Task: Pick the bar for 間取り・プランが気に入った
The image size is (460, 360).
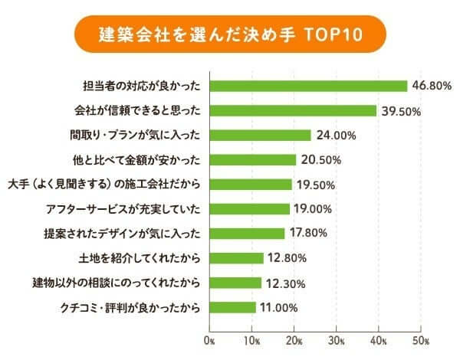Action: point(260,135)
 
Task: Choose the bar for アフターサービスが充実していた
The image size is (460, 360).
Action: point(249,208)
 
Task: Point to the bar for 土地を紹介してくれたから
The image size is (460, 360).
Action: point(236,258)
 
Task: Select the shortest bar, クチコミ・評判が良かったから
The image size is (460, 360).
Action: point(232,307)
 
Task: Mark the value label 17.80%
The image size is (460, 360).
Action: point(311,234)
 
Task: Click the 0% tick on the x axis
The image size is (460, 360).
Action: point(209,338)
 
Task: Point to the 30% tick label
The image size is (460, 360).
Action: point(336,338)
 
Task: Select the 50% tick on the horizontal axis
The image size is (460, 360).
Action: point(420,338)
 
